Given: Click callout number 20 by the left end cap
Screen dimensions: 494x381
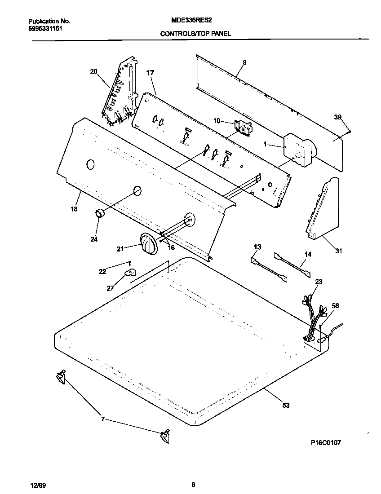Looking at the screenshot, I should pyautogui.click(x=93, y=71).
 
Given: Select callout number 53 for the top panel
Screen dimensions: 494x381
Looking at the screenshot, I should pyautogui.click(x=286, y=406).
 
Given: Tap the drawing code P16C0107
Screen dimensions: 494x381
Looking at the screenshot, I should pyautogui.click(x=326, y=442).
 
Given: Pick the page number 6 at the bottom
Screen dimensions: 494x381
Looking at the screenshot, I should pyautogui.click(x=193, y=485).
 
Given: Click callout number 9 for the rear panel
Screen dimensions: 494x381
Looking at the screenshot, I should pyautogui.click(x=244, y=62).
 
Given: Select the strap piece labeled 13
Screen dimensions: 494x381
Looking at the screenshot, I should pyautogui.click(x=268, y=270).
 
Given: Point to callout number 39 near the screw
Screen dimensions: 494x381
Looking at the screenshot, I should pyautogui.click(x=337, y=117).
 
